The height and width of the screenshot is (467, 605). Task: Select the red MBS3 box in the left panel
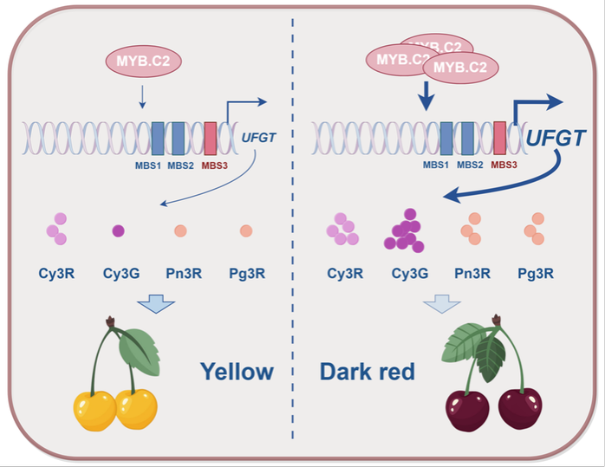click(x=211, y=139)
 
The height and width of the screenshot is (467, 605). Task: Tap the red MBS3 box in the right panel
click(x=500, y=138)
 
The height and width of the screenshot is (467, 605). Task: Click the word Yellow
click(x=237, y=372)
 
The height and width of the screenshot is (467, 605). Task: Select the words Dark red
click(x=368, y=373)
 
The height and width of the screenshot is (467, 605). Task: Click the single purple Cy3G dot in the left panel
click(x=118, y=230)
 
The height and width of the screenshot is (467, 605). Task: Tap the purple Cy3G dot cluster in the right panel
click(x=404, y=231)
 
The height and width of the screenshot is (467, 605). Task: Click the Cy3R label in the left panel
click(x=57, y=274)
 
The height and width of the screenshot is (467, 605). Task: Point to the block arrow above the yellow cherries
click(x=156, y=303)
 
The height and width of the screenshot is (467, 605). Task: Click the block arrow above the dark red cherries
click(x=442, y=303)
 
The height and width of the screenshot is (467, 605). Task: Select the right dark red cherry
click(x=520, y=408)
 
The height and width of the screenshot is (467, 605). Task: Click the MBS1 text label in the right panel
click(x=436, y=165)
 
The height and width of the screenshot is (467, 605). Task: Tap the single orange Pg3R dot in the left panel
click(x=246, y=231)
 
